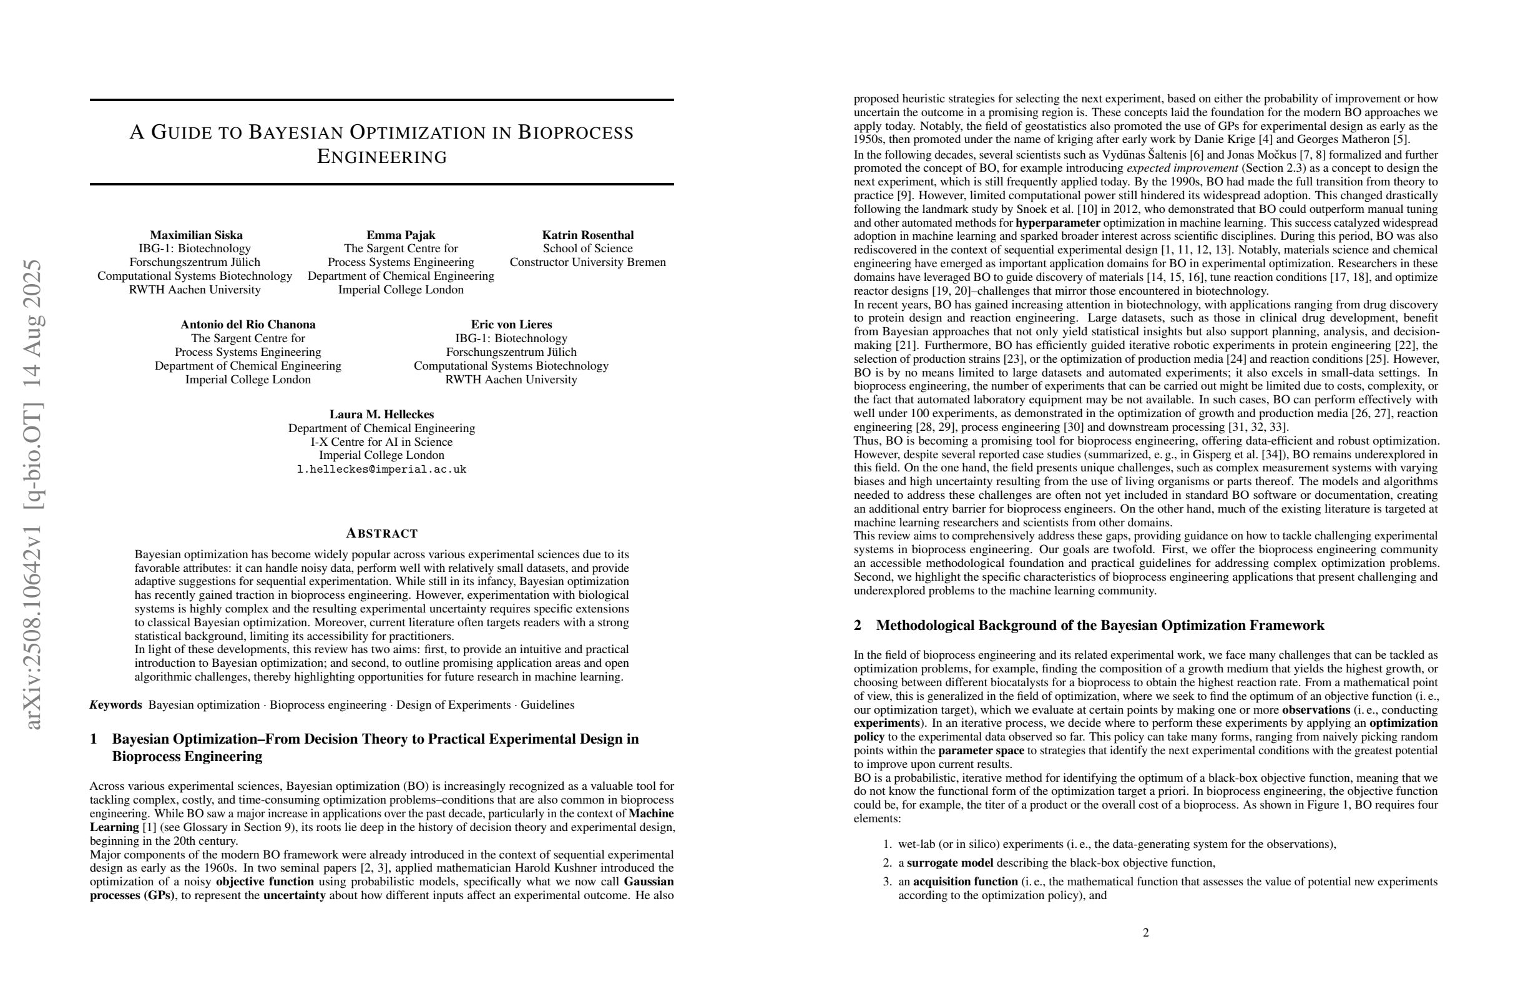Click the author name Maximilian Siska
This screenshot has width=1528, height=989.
tap(196, 235)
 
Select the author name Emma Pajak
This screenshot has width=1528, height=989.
tap(401, 235)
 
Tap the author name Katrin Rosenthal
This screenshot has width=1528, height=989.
tap(587, 235)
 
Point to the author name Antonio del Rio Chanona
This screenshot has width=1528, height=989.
tap(248, 324)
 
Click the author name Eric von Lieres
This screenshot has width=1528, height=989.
tap(511, 324)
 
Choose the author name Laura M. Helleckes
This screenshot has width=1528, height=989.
tap(381, 414)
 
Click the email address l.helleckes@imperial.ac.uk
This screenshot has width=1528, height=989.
tap(381, 470)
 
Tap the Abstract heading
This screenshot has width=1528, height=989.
tap(381, 533)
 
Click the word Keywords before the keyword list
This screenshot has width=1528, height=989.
tap(115, 705)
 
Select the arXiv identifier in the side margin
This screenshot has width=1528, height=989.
tap(33, 494)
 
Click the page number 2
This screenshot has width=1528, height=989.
tap(1145, 932)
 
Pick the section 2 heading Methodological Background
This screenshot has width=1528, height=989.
tap(1099, 626)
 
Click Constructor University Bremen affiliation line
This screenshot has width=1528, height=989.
tap(587, 262)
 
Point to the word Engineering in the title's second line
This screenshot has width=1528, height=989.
tap(382, 157)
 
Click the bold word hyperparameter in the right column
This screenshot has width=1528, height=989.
tap(1057, 223)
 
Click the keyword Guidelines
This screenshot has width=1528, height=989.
tap(547, 705)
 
